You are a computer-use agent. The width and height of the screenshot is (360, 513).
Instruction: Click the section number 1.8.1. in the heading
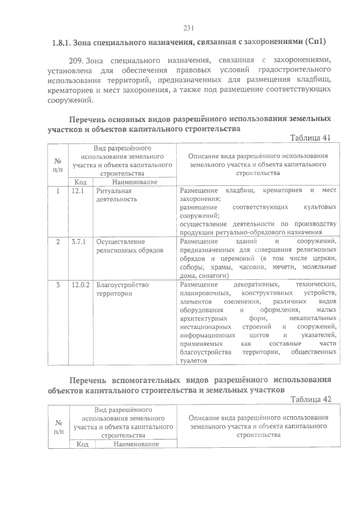(61, 42)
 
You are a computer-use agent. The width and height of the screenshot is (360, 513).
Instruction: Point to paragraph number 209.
(76, 61)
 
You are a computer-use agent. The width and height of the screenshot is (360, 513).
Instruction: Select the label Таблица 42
(311, 399)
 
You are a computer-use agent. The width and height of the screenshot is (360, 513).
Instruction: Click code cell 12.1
(78, 191)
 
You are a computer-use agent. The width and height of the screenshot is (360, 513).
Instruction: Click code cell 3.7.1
(79, 242)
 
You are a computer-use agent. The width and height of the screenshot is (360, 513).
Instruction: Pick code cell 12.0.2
(80, 285)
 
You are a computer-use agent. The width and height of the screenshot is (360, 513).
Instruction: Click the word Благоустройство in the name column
(122, 285)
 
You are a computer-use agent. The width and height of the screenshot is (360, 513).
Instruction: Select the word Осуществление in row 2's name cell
(121, 242)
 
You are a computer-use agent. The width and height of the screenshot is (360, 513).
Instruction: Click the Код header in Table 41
(80, 182)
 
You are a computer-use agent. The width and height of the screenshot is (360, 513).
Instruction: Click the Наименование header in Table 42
(136, 444)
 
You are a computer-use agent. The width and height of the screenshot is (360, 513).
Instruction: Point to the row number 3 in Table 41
(58, 285)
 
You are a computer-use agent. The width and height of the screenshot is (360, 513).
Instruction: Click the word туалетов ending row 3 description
(193, 361)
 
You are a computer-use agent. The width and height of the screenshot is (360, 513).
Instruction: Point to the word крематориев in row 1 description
(282, 190)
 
